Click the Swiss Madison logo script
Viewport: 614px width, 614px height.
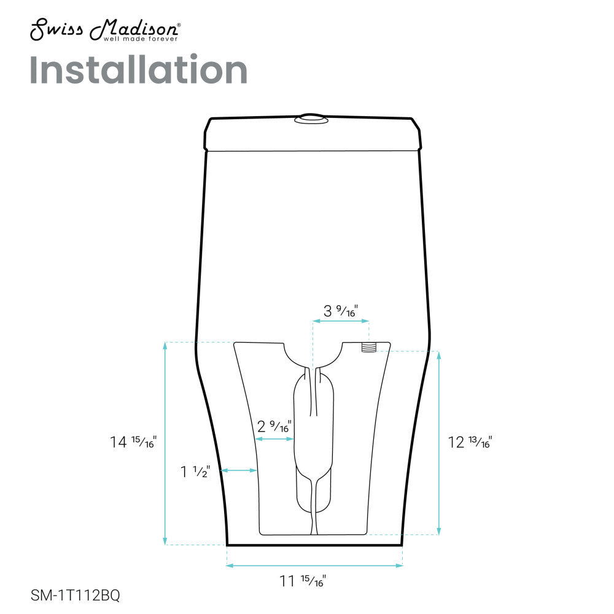click(104, 28)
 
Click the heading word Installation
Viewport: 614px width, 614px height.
click(138, 70)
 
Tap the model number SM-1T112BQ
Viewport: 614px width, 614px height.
click(75, 595)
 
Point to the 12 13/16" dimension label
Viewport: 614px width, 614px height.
click(470, 441)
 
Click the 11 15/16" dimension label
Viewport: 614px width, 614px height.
click(303, 580)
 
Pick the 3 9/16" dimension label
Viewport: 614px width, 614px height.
click(341, 311)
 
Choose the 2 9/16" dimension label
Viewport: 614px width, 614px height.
click(274, 426)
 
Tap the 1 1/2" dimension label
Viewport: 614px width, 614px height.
click(195, 472)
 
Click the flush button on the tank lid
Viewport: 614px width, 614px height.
click(312, 119)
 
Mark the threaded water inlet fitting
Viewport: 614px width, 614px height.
click(368, 348)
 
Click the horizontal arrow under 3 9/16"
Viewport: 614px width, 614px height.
click(341, 321)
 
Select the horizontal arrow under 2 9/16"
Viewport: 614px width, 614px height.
click(275, 439)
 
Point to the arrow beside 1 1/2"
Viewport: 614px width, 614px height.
click(238, 470)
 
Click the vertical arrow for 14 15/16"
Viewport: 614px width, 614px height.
click(165, 442)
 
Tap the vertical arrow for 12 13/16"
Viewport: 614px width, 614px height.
click(438, 442)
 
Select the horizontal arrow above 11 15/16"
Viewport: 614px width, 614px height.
click(315, 565)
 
